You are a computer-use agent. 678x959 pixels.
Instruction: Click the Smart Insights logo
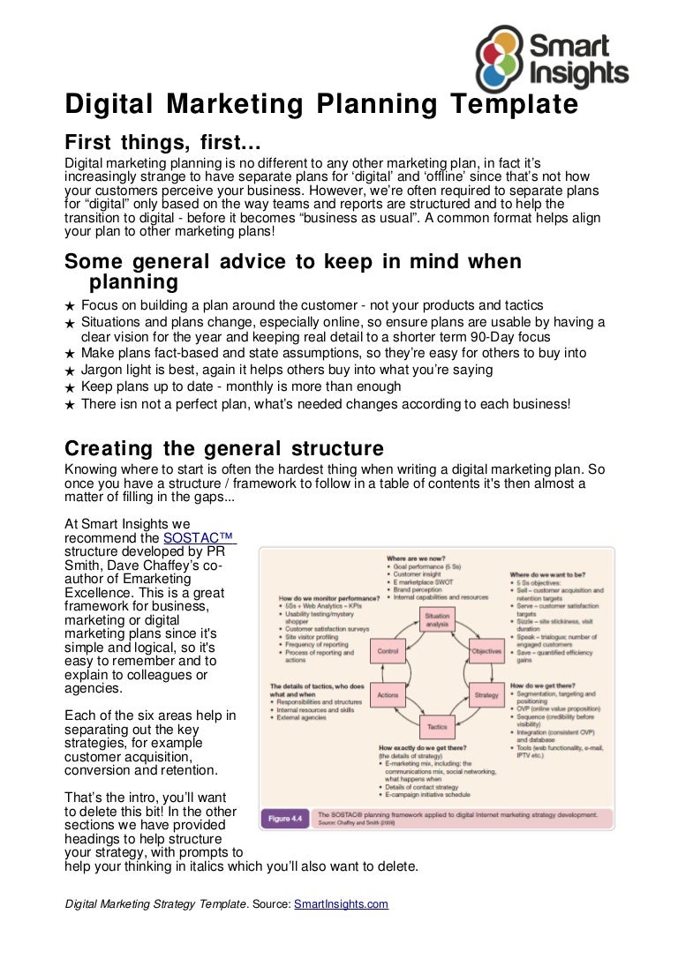coord(551,56)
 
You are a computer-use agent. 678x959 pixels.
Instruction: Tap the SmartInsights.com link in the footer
coord(341,904)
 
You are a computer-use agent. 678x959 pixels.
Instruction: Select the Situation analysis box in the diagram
coord(437,619)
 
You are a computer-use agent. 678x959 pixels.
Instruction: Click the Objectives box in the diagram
coord(486,651)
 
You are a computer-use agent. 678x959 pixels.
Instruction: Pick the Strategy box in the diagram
coord(486,695)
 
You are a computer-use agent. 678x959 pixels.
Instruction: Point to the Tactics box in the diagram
coord(437,727)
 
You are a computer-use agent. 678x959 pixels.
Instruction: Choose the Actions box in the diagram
coord(388,695)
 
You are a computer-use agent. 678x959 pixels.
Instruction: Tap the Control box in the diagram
coord(388,651)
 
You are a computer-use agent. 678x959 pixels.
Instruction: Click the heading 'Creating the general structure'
coord(224,447)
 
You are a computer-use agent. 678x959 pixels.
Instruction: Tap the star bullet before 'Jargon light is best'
coord(71,371)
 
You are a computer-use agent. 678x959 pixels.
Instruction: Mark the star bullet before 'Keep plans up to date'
coord(71,388)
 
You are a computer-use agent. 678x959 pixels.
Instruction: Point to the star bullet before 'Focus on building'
coord(71,305)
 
